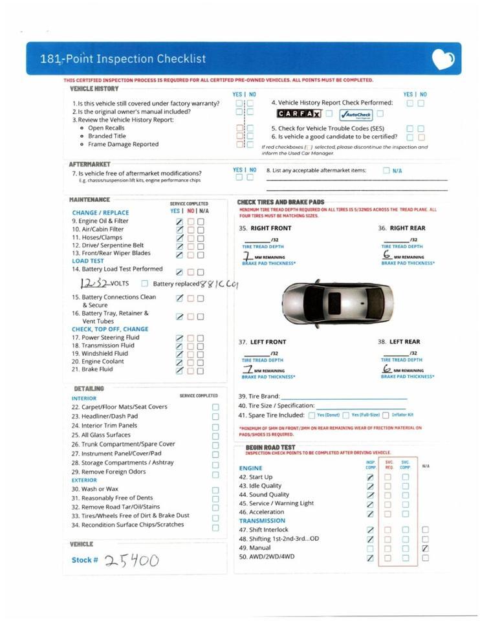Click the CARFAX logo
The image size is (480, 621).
tap(300, 114)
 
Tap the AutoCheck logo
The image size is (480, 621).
tap(355, 114)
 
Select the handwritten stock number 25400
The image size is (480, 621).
tap(132, 560)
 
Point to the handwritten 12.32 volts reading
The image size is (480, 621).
tap(94, 283)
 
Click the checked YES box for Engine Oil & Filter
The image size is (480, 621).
tap(179, 221)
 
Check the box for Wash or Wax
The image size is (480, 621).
tap(215, 490)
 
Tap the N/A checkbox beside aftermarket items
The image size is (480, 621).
tap(386, 171)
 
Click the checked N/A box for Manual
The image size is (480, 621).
tap(425, 548)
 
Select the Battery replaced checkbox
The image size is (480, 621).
tap(145, 283)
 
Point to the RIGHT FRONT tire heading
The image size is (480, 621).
tap(271, 228)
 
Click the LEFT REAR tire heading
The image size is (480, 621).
tap(405, 342)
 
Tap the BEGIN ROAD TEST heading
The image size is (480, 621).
tap(270, 447)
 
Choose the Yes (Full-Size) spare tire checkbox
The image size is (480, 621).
tap(346, 415)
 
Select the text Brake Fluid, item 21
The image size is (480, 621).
tap(97, 369)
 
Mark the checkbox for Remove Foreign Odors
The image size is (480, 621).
tap(215, 472)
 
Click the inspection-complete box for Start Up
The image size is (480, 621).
tap(370, 477)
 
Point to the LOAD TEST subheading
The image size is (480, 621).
tap(88, 261)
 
